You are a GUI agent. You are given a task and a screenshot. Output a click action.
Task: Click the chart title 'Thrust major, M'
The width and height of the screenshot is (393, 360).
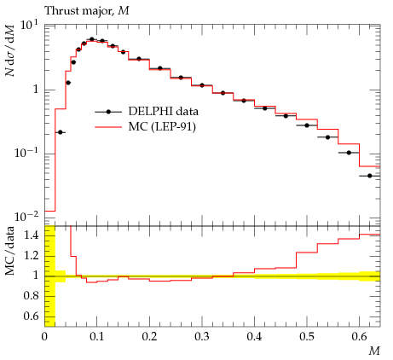coord(87,11)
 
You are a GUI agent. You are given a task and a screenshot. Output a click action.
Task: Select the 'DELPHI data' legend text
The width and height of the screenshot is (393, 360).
coord(163,111)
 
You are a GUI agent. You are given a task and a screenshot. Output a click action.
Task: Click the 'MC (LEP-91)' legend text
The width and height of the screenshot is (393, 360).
coord(162,126)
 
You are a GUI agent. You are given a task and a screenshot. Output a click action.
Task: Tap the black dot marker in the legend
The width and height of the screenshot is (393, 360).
coord(108,112)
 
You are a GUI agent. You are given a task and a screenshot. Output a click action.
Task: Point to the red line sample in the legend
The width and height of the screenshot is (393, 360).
coord(108,127)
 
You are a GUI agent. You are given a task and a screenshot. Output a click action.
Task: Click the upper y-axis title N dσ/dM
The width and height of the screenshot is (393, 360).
coord(9,50)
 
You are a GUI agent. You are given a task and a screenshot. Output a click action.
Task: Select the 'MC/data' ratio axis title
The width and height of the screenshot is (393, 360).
coord(9,251)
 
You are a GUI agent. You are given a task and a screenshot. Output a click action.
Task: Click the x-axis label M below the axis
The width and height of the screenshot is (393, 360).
coord(374,351)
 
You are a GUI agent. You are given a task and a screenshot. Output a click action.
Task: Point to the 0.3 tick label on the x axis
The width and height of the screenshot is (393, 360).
coord(202,337)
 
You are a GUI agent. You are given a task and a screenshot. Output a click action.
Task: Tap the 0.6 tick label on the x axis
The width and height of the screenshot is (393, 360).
coord(359,337)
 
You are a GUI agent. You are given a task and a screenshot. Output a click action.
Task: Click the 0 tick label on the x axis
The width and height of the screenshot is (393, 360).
coord(44,337)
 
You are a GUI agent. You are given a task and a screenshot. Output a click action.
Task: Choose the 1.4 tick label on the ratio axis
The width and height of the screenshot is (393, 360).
coord(32,235)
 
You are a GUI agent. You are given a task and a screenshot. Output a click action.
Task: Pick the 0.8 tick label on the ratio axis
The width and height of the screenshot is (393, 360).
coord(32,296)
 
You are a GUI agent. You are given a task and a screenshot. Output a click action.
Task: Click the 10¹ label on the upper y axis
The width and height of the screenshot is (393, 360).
coord(29,26)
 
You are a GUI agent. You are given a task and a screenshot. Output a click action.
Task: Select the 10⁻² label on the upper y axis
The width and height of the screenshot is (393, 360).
coord(26,217)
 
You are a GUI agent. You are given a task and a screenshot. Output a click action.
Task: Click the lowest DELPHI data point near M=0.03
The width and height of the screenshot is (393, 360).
coord(60,132)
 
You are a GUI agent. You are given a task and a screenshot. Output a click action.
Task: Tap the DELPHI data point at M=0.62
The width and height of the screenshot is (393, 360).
coord(370,176)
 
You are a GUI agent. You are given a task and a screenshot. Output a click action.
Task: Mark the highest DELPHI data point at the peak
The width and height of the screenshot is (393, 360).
coord(91,39)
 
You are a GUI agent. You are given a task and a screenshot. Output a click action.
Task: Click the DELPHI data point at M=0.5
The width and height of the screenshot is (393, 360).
coord(307,125)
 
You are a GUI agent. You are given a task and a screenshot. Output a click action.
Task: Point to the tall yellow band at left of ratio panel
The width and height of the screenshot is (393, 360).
coord(49,276)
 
